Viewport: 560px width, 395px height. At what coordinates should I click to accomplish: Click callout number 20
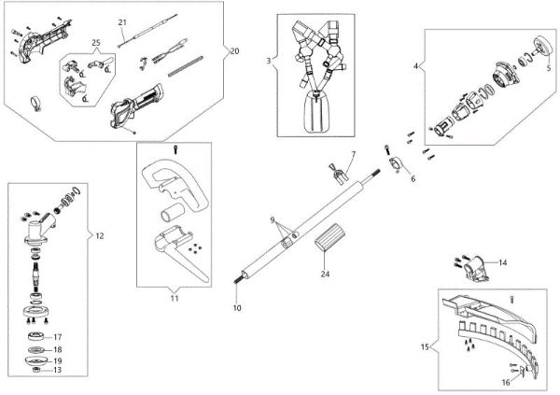(234, 50)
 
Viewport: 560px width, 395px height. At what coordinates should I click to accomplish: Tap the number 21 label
(123, 21)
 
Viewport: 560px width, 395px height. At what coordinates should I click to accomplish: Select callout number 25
(95, 44)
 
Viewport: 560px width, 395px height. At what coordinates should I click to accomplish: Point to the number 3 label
(268, 61)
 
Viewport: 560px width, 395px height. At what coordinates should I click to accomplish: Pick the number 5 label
(548, 67)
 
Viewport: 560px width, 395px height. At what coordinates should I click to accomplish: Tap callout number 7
(353, 153)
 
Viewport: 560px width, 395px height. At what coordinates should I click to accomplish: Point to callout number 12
(100, 236)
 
